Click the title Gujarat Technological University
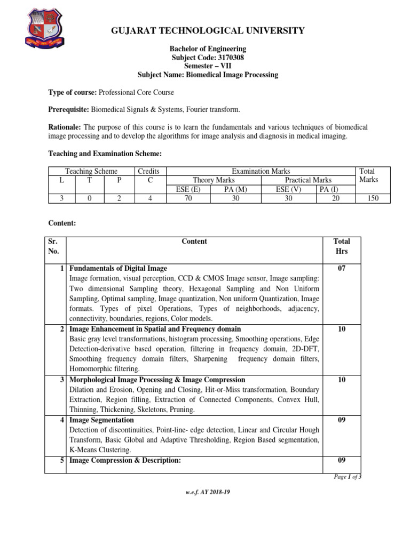point(208,30)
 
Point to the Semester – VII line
point(208,66)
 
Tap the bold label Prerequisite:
point(69,109)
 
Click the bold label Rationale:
point(65,127)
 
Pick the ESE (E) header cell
point(188,189)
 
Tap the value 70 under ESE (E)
point(188,198)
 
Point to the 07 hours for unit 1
point(342,268)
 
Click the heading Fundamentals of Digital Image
point(118,268)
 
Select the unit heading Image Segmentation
point(101,420)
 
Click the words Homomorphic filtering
point(105,369)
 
